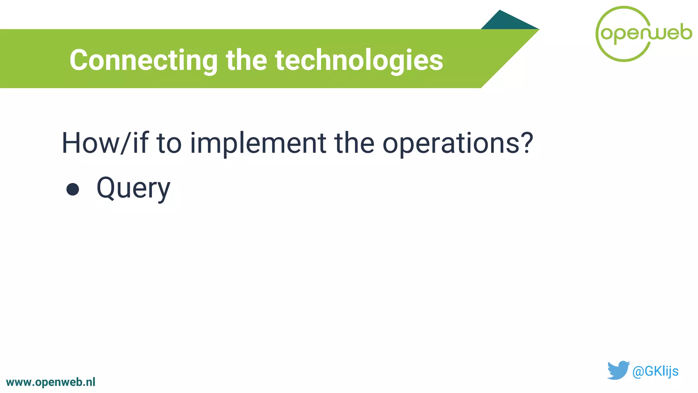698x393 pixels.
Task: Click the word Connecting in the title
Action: click(143, 60)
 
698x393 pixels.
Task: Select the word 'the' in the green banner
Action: click(246, 60)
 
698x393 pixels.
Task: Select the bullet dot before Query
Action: click(73, 189)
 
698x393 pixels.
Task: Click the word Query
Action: click(133, 188)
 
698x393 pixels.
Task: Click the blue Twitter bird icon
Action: click(618, 370)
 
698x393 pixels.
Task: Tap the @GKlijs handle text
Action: click(655, 371)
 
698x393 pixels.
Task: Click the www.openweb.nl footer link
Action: click(51, 382)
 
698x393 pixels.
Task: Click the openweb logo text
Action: click(646, 33)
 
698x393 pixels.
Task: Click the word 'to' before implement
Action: click(169, 143)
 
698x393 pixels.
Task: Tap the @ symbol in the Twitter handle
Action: click(638, 371)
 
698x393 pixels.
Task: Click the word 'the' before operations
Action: click(354, 143)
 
